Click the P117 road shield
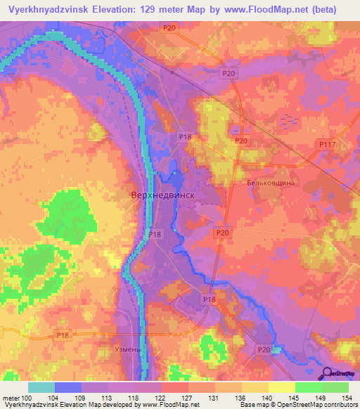click(325, 144)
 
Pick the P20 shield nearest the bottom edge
click(264, 349)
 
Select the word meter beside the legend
click(10, 398)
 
